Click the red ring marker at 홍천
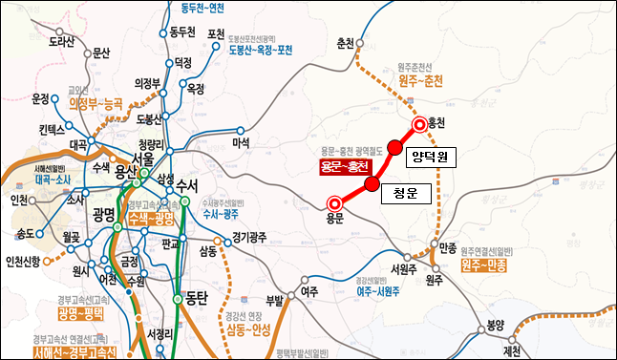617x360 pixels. pyautogui.click(x=418, y=124)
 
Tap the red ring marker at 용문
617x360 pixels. pyautogui.click(x=333, y=202)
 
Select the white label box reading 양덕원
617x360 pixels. pyautogui.click(x=430, y=155)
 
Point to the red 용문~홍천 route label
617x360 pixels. pyautogui.click(x=345, y=168)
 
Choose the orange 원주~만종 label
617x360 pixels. pyautogui.click(x=483, y=265)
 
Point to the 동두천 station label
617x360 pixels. pyautogui.click(x=182, y=32)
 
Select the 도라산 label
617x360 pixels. pyautogui.click(x=61, y=41)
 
